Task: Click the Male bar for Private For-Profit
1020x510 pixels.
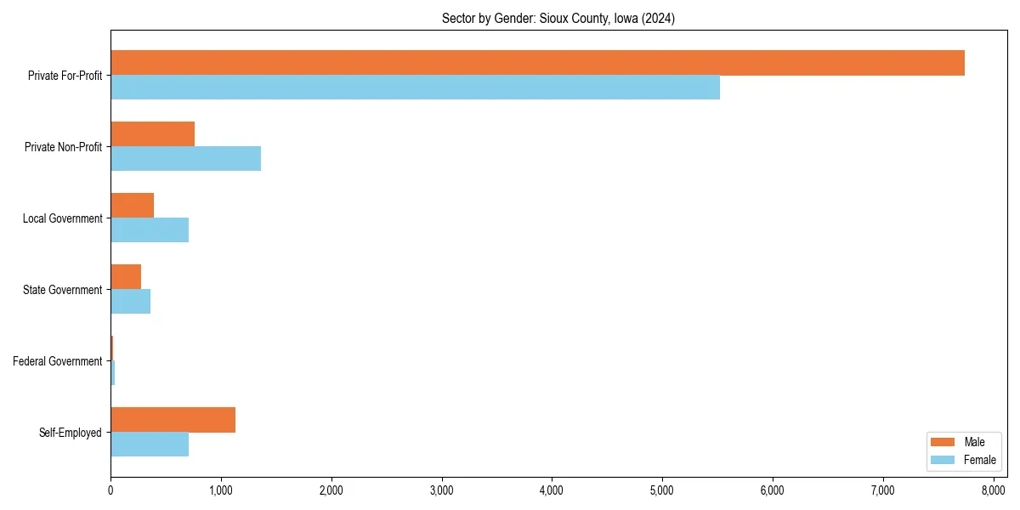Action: (x=537, y=63)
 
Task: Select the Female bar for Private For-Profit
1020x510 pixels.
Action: (x=415, y=88)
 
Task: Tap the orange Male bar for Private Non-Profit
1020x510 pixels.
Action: (x=153, y=134)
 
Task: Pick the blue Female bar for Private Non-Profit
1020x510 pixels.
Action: (x=185, y=159)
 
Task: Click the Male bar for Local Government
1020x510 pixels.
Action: (x=133, y=206)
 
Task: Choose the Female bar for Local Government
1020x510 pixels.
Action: (x=150, y=230)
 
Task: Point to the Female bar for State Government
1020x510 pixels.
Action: (x=131, y=302)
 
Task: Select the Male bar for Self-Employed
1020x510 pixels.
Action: (x=173, y=420)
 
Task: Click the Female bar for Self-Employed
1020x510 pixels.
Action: (x=150, y=445)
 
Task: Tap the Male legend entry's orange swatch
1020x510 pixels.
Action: (x=943, y=442)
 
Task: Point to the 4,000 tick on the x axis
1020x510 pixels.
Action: (x=552, y=490)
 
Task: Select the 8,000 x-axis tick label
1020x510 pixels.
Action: (x=993, y=490)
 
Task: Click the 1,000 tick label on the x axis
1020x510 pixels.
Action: (x=221, y=490)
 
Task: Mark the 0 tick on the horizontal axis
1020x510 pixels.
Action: (x=110, y=490)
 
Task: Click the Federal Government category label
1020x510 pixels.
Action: (x=57, y=361)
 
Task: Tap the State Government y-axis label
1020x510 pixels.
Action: (x=62, y=290)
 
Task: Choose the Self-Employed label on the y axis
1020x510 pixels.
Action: (x=70, y=433)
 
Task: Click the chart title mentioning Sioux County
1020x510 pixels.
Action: (x=558, y=19)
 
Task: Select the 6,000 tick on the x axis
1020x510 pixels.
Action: (x=772, y=490)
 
